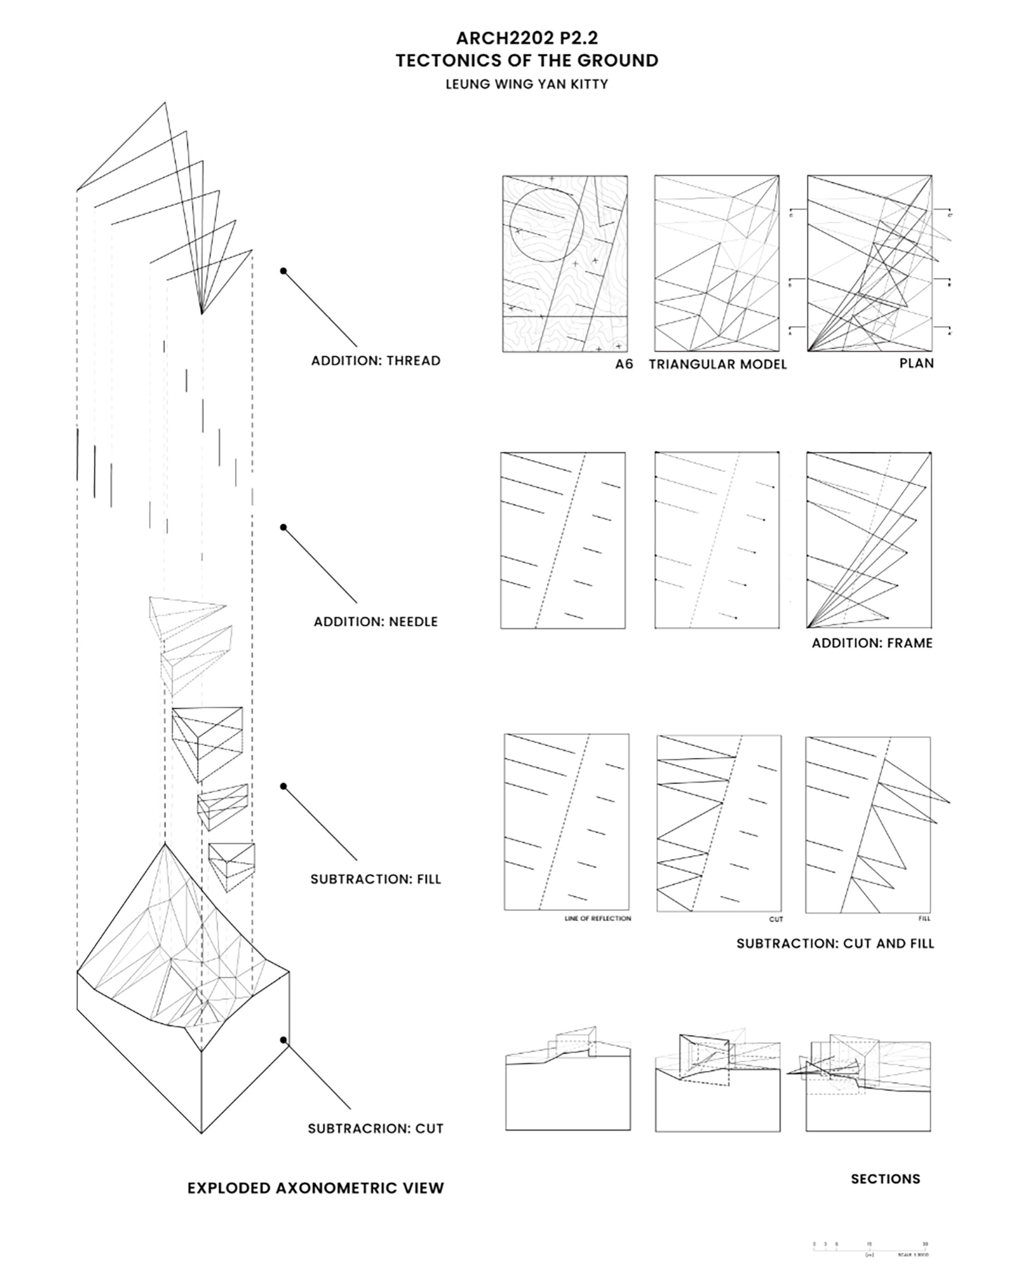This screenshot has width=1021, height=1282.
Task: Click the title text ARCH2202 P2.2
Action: [x=527, y=38]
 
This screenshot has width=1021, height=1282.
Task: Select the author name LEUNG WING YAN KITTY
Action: [x=527, y=85]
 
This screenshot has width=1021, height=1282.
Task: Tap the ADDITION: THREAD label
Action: [x=376, y=361]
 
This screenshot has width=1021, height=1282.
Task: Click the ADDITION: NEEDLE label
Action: [x=376, y=622]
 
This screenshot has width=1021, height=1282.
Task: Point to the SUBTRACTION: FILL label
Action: [x=376, y=879]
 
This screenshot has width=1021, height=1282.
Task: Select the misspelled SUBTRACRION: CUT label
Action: [x=376, y=1128]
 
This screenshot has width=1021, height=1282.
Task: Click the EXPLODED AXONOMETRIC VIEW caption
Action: [x=316, y=1188]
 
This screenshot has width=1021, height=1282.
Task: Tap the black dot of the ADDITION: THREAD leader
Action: [x=283, y=271]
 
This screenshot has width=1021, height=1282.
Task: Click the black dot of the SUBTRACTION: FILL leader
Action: [x=283, y=786]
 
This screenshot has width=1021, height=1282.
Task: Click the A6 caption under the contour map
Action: [x=624, y=364]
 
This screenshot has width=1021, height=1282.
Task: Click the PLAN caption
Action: [x=916, y=363]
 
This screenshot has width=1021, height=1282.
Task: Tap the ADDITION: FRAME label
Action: [x=872, y=643]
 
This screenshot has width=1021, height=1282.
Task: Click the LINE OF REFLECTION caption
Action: [x=598, y=919]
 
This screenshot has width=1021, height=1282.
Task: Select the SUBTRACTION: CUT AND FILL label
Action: [x=835, y=944]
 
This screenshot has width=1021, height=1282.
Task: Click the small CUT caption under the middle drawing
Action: [x=776, y=919]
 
